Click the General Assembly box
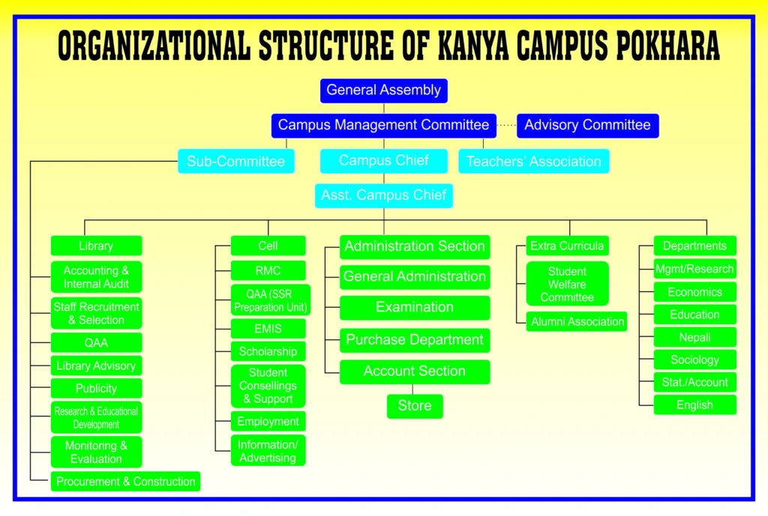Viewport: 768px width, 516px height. point(383,91)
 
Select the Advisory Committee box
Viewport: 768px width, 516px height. point(587,125)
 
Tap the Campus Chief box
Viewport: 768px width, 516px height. point(383,160)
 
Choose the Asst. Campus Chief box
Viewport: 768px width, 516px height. point(383,195)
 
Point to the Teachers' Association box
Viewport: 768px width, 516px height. point(533,161)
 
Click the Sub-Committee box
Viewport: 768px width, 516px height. point(235,161)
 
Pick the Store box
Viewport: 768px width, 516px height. point(415,406)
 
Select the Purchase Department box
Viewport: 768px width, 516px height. point(415,340)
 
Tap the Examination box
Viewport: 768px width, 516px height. point(415,307)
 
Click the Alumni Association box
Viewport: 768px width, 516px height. point(577,322)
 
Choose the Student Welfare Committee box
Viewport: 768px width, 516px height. point(567,284)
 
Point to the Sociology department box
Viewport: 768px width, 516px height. point(694,359)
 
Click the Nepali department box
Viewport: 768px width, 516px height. point(694,337)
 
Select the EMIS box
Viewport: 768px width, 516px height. point(268,328)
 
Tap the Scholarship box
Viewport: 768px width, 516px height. point(268,351)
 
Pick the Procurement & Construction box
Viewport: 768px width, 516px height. point(125,482)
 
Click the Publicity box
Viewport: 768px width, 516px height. point(96,389)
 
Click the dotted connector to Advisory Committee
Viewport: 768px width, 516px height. point(506,125)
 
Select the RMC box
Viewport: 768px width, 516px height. point(268,270)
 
